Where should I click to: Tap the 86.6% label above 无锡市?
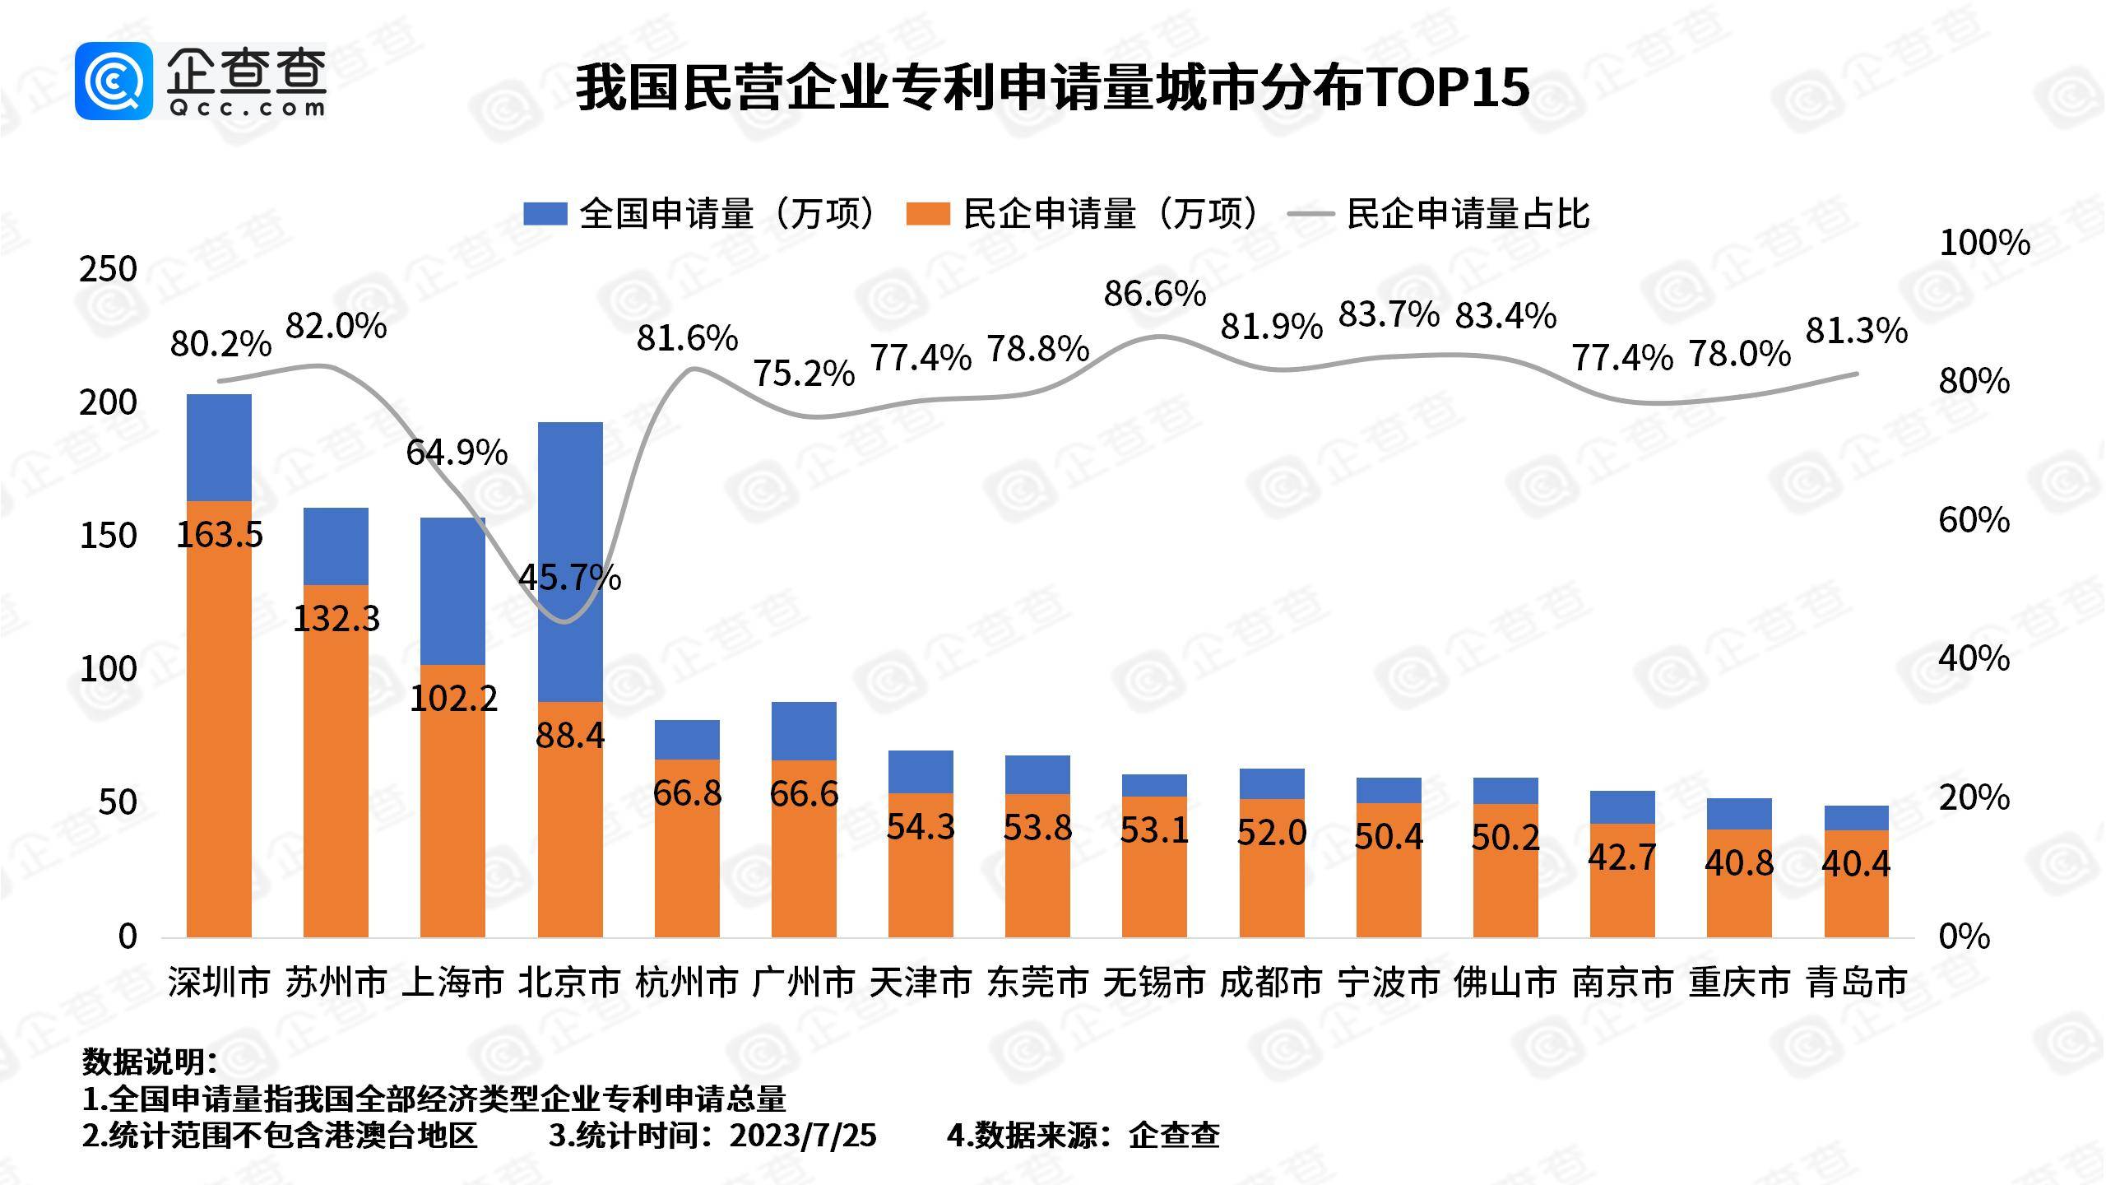1154,294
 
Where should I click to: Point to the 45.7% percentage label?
569,577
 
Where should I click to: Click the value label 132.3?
336,619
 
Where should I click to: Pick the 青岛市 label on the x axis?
1856,983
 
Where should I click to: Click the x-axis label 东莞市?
1037,983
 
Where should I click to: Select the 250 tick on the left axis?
108,269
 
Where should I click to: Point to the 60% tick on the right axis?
1974,520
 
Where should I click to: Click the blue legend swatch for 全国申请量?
545,214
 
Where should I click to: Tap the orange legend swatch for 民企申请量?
927,214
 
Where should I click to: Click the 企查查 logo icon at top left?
114,81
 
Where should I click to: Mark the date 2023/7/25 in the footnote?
803,1136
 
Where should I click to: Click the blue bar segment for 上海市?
452,591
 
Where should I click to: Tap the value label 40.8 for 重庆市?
1738,862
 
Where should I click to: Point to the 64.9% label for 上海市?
457,453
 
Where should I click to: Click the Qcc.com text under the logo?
247,108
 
